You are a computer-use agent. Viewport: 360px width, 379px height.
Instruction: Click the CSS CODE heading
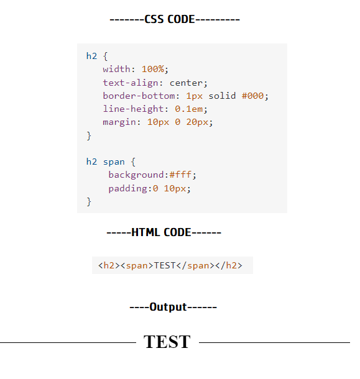[175, 19]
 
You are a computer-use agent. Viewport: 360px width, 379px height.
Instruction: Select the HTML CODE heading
[164, 232]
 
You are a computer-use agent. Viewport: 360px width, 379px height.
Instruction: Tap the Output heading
[173, 306]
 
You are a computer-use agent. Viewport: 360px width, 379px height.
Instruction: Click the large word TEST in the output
[167, 342]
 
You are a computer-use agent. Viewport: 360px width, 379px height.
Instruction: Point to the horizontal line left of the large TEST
[67, 342]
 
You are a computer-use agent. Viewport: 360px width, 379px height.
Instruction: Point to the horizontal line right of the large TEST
[274, 342]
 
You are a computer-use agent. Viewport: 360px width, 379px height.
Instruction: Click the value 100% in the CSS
[152, 69]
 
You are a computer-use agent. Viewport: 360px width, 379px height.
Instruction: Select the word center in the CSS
[188, 82]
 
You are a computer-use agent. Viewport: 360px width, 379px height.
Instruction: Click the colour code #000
[254, 96]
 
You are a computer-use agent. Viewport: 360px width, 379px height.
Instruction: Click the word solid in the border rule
[222, 96]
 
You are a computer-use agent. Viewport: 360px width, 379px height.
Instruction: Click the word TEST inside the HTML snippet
[165, 265]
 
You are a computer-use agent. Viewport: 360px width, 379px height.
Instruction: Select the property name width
[116, 69]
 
